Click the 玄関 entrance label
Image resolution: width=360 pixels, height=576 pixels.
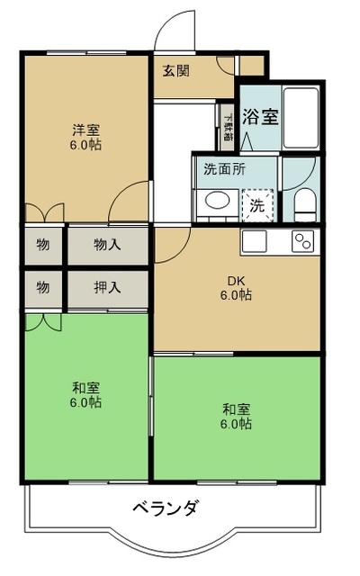coord(175,71)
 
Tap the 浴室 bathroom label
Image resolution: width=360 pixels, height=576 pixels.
coord(259,117)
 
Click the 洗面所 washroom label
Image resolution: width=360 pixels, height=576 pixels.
coord(223,168)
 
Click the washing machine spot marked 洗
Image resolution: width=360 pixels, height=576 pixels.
coord(257,204)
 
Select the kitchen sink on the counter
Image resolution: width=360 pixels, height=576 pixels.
coord(254,242)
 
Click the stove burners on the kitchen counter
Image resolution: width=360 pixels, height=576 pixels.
coord(301,242)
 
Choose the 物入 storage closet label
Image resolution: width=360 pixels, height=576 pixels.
coord(107,244)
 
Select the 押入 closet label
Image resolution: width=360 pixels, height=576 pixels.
coord(107,288)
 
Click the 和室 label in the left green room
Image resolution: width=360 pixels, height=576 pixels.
coord(86,394)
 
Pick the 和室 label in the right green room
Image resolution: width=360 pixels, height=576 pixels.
coord(237,416)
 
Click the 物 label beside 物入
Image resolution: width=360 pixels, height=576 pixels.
coord(43,244)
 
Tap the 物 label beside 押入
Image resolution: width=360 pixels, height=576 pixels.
coord(43,288)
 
